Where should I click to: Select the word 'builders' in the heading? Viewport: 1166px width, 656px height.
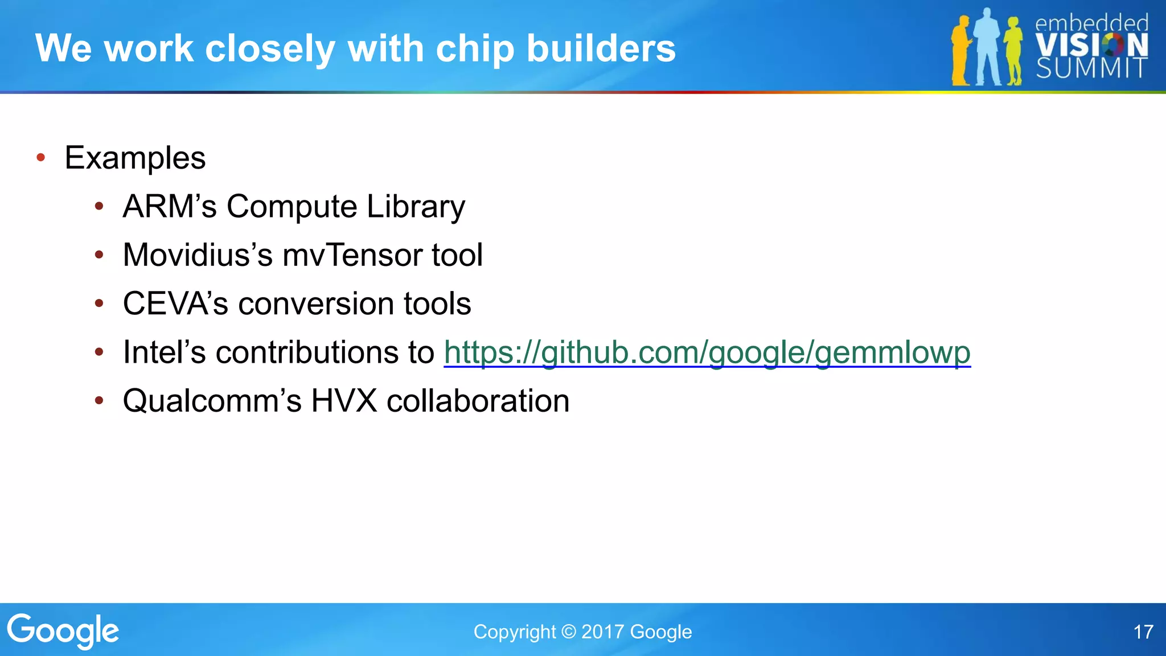pos(601,48)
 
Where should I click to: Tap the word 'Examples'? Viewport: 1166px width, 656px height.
pos(135,158)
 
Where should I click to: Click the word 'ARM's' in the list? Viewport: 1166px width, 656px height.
pos(170,206)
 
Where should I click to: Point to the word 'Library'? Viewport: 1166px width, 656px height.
pos(416,206)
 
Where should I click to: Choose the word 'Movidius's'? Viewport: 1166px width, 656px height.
pos(198,255)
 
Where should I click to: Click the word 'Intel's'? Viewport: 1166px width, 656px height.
pos(164,352)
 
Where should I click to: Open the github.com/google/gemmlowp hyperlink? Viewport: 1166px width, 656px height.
pos(707,352)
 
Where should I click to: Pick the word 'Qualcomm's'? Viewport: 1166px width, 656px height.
pos(212,401)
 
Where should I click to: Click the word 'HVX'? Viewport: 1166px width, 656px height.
pos(344,401)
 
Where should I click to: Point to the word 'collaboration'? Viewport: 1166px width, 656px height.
pos(478,401)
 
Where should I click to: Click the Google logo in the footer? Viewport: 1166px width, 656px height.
pos(63,631)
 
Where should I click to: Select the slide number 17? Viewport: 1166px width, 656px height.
pos(1143,632)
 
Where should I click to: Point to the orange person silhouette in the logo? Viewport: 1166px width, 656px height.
pos(960,51)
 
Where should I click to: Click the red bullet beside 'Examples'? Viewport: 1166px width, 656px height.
pos(40,158)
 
